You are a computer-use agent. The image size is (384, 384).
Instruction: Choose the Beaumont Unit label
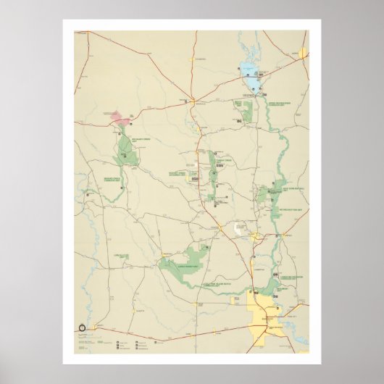[x=284, y=288]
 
